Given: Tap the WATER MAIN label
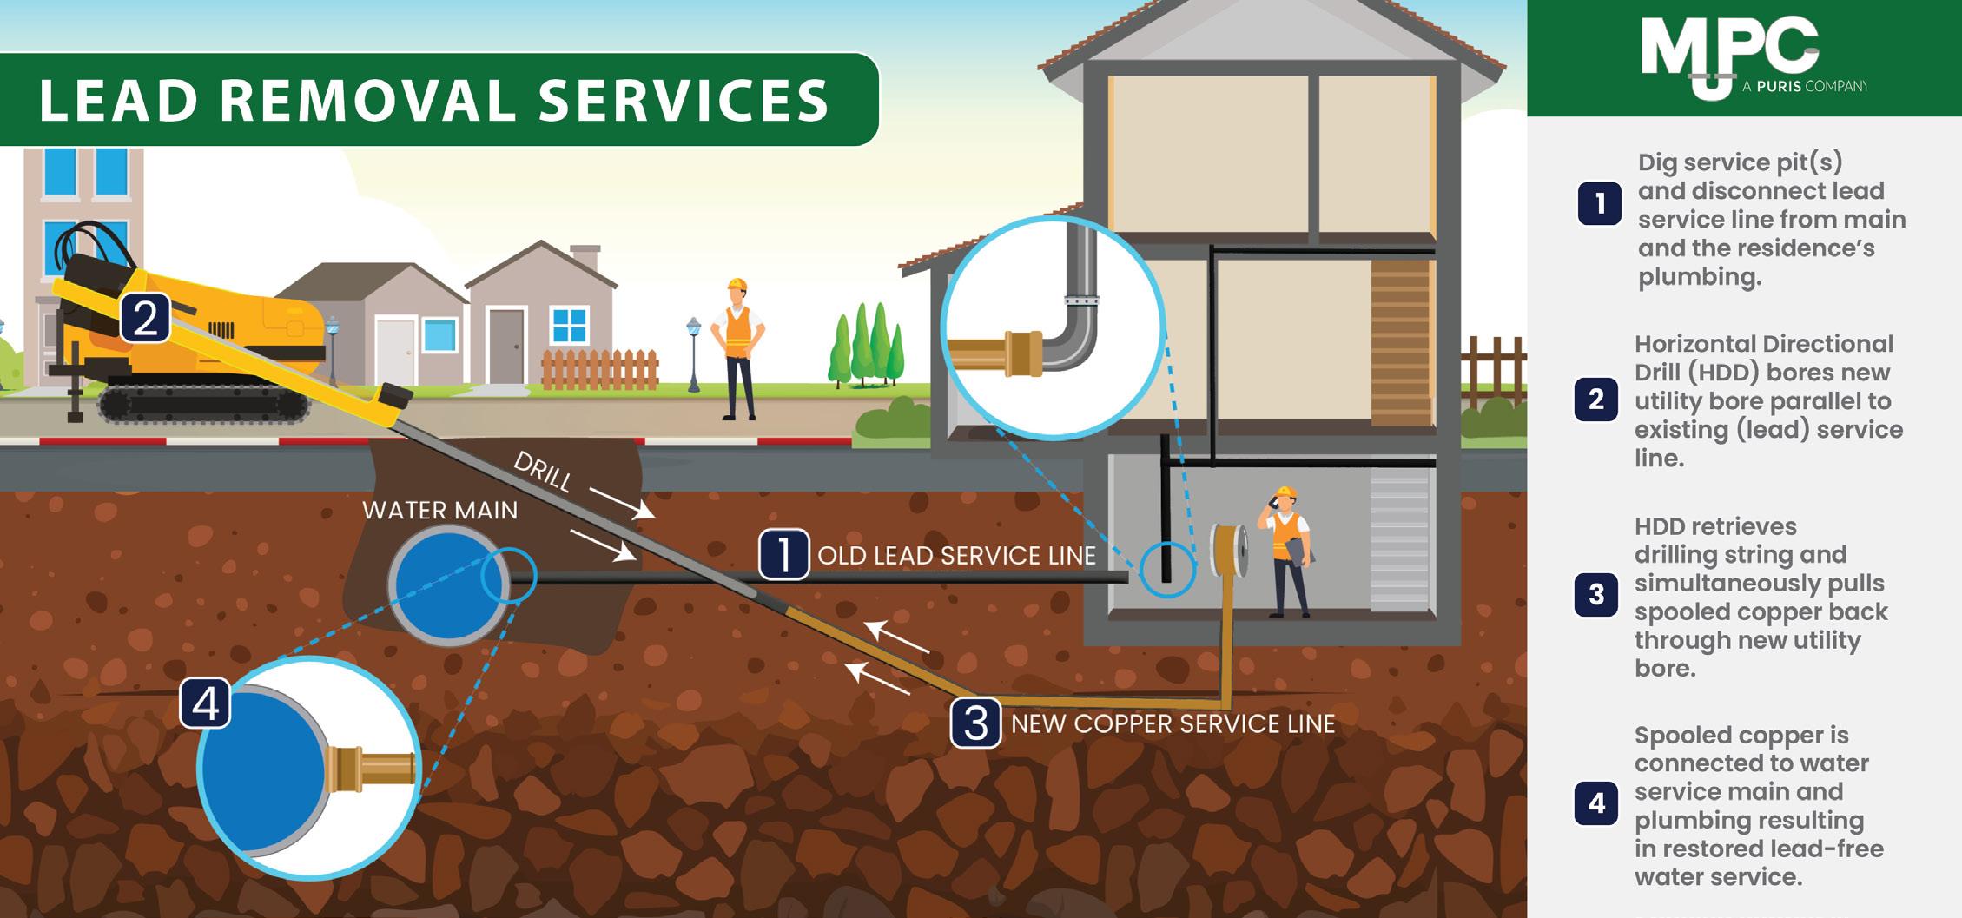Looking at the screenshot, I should pyautogui.click(x=439, y=510).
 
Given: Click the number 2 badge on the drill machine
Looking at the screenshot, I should pyautogui.click(x=145, y=318).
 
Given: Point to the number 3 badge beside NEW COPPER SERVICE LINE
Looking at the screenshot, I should pyautogui.click(x=976, y=723).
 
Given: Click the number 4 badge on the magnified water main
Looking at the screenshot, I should pyautogui.click(x=206, y=703).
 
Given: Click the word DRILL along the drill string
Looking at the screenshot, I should pyautogui.click(x=543, y=471).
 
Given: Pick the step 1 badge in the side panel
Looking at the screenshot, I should pyautogui.click(x=1599, y=204).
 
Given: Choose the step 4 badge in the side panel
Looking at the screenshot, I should pyautogui.click(x=1595, y=804).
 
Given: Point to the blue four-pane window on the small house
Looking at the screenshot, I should pyautogui.click(x=570, y=325).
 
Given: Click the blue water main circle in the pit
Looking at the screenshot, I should pyautogui.click(x=447, y=583).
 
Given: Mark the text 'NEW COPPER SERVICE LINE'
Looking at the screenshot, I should pyautogui.click(x=1173, y=723).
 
